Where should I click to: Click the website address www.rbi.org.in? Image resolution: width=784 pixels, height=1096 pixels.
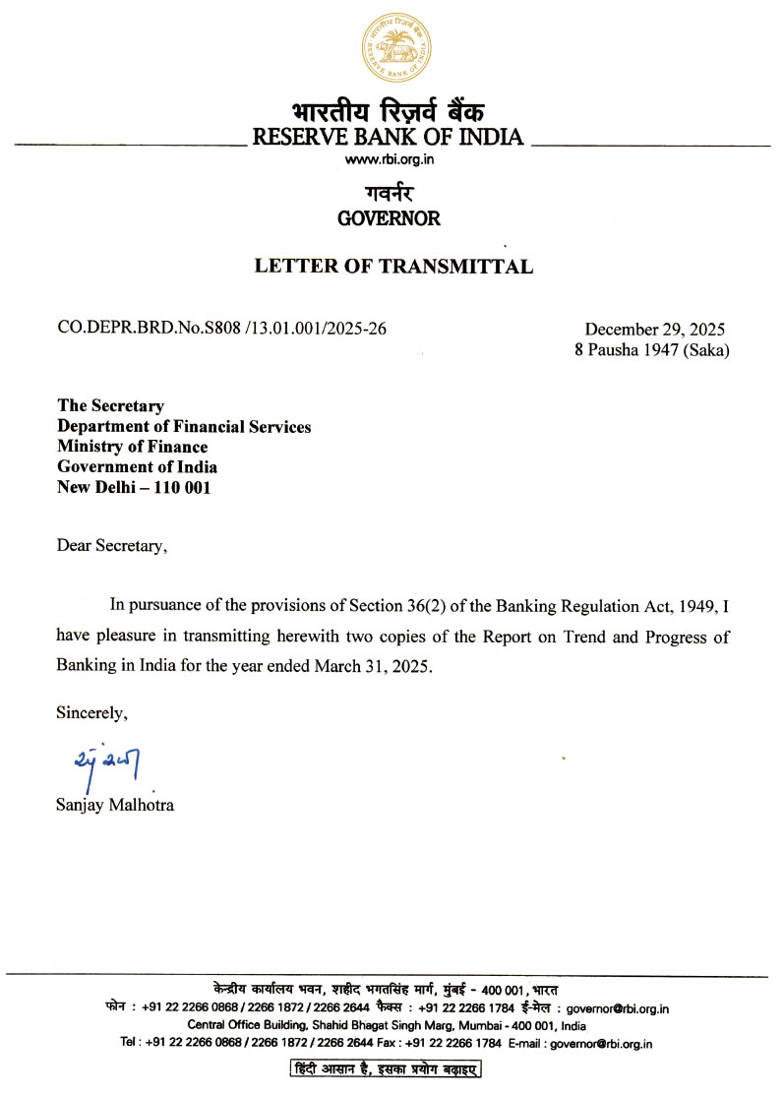[389, 159]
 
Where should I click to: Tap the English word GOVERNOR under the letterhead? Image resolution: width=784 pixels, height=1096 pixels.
[389, 218]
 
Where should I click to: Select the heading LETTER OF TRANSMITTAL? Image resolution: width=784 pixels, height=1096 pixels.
[393, 266]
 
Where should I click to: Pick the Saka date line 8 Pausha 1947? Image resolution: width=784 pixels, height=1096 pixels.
[651, 349]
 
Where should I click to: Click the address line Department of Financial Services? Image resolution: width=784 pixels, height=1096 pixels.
[184, 427]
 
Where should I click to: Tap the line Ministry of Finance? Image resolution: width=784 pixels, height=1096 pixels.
[132, 447]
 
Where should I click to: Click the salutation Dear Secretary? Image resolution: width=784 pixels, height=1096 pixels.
[111, 546]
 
